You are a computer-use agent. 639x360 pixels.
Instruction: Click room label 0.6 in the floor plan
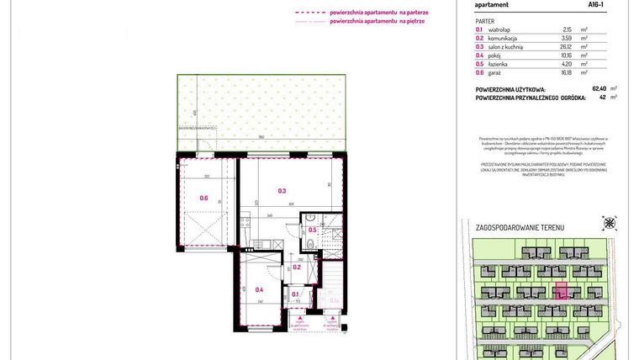[203, 199]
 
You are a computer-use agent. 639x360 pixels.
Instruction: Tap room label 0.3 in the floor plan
[283, 191]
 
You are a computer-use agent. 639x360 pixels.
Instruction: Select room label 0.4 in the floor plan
[259, 289]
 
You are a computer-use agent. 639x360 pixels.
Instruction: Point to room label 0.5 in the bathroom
[312, 230]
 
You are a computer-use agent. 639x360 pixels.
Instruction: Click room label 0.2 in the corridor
[297, 267]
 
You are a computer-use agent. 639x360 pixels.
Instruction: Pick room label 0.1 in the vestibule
[295, 294]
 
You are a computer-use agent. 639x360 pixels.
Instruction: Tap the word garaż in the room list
[495, 72]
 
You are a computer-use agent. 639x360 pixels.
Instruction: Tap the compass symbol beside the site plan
[609, 223]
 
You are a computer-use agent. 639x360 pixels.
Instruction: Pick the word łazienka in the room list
[499, 64]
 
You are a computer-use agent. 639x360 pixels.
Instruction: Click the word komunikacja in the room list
[503, 38]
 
